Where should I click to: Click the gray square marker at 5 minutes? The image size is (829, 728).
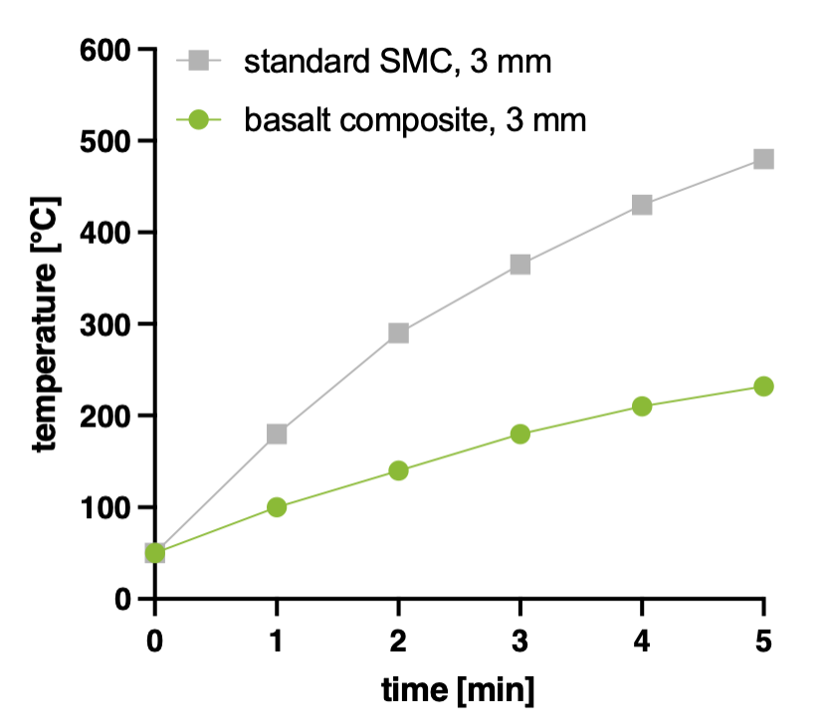(763, 158)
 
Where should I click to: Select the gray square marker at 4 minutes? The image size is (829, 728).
(642, 205)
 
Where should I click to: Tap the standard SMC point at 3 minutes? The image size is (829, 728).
(520, 264)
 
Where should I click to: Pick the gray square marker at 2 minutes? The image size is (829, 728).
(398, 333)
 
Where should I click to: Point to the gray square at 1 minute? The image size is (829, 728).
(277, 434)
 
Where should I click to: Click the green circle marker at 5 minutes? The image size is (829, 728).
(763, 386)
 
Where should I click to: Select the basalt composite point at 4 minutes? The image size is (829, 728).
(642, 406)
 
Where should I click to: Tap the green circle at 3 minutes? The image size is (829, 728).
(520, 434)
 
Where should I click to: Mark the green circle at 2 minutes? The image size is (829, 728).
(398, 470)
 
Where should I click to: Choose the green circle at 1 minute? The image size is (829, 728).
(277, 507)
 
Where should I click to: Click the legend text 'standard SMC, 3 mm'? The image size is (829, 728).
(398, 62)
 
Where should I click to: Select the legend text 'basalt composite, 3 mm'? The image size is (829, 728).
(415, 120)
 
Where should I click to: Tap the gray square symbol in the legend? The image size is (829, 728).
(198, 61)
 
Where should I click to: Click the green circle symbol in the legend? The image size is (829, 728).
(198, 120)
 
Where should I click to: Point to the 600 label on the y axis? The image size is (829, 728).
(104, 51)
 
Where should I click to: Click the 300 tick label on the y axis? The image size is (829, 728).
(104, 325)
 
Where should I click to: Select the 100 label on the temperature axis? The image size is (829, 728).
(104, 507)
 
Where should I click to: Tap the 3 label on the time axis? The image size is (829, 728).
(519, 640)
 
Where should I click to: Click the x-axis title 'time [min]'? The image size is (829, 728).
(458, 690)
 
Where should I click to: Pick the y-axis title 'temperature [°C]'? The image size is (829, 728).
(46, 324)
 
